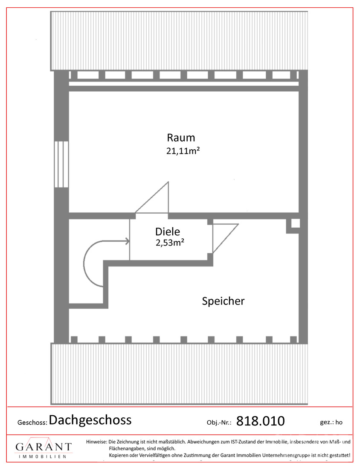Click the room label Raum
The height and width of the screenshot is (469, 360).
click(x=181, y=138)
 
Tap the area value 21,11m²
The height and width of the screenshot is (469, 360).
click(x=183, y=151)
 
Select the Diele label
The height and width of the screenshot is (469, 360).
click(x=168, y=232)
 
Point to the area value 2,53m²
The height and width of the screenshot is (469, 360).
click(x=170, y=242)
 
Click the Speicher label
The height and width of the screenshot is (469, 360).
click(x=223, y=301)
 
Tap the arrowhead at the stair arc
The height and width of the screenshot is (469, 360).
click(x=128, y=241)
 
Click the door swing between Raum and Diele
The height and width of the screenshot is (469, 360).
click(x=152, y=197)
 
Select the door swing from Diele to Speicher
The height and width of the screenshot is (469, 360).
click(x=225, y=238)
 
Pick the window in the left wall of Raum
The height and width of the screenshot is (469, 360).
click(x=61, y=164)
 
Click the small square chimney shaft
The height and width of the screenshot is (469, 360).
click(x=295, y=223)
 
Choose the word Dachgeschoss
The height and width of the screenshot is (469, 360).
click(x=90, y=420)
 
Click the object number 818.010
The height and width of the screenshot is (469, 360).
click(x=260, y=421)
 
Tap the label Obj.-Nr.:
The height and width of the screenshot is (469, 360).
click(x=219, y=423)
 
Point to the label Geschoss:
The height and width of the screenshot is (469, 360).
click(x=32, y=423)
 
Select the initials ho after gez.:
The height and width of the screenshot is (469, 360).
click(x=339, y=423)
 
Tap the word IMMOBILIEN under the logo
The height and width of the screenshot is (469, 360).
click(x=43, y=457)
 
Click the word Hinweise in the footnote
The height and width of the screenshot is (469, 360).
click(x=96, y=441)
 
